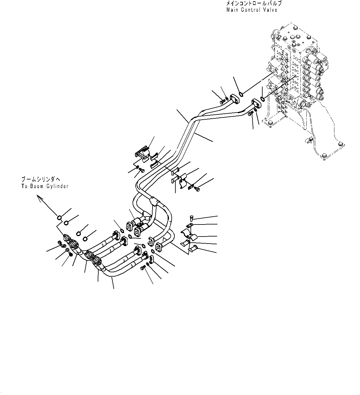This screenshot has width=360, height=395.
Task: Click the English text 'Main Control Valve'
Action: [x=252, y=10]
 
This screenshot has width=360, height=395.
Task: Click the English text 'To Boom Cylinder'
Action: [x=45, y=186]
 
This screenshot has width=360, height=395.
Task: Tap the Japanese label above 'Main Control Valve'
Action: [x=254, y=4]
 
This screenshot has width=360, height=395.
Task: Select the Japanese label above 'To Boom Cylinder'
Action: [x=43, y=179]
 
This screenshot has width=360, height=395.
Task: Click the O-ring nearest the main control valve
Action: [x=263, y=99]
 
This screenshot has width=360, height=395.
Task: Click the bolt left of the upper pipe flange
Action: [x=222, y=102]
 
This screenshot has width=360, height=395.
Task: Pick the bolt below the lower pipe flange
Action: [x=251, y=114]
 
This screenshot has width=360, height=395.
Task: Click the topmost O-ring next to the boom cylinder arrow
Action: [x=59, y=218]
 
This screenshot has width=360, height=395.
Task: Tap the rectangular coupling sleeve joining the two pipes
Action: [x=154, y=202]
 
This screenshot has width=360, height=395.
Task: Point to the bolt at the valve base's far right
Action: [x=340, y=144]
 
